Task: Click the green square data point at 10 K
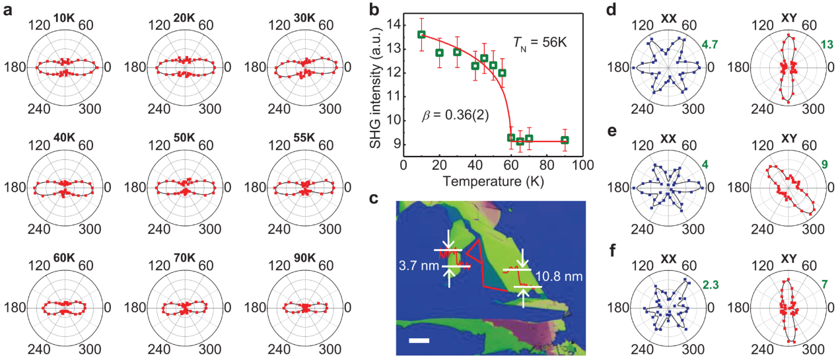[421, 34]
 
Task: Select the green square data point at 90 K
[565, 140]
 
